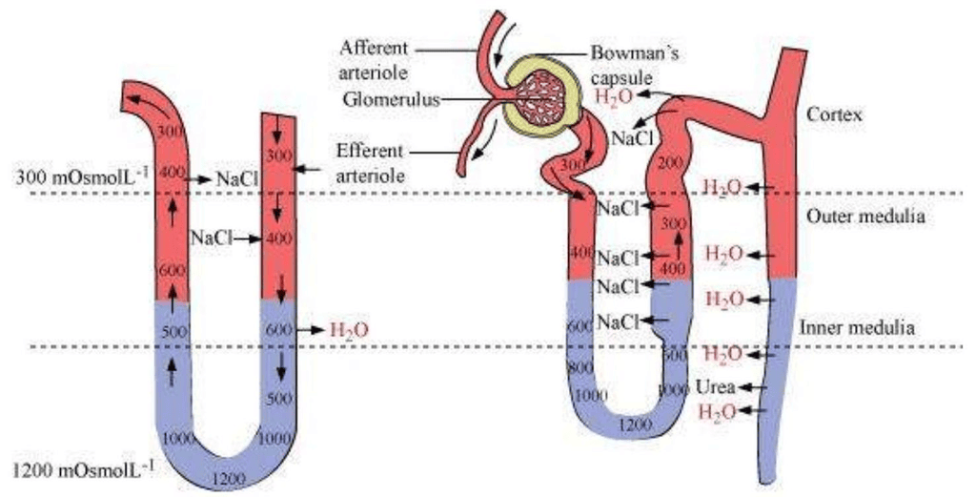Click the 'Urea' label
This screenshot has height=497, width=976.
(714, 388)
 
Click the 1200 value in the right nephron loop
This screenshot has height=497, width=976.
(635, 427)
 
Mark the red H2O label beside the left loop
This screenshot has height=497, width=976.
(348, 330)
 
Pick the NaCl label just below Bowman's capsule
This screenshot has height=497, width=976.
(630, 138)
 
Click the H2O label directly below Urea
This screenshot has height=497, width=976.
(717, 412)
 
